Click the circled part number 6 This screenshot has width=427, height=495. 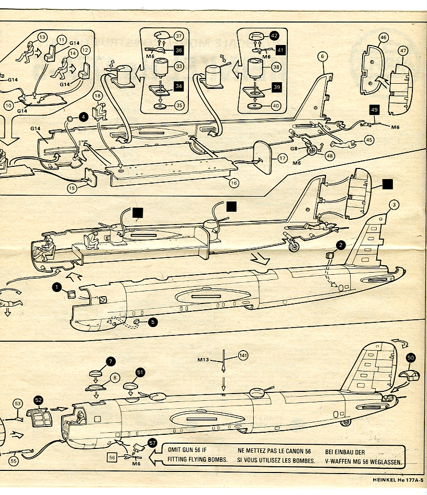(323, 57)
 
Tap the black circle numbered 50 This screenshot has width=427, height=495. (411, 357)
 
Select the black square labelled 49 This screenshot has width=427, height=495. (374, 110)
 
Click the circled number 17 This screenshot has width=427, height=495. (283, 157)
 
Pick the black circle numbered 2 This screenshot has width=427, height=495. (341, 244)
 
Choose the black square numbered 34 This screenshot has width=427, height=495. (178, 86)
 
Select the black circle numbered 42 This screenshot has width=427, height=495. (275, 36)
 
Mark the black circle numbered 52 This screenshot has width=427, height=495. (38, 399)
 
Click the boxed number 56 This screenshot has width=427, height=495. (111, 457)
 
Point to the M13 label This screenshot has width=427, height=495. (204, 359)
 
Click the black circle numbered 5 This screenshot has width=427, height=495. (152, 322)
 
